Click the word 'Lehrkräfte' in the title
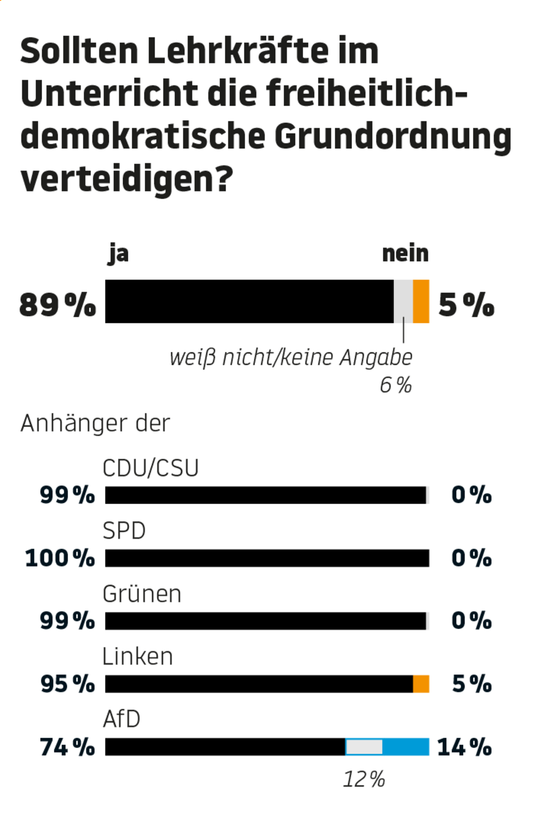pos(237,51)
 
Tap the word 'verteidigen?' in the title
pos(127,179)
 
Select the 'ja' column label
pos(119,254)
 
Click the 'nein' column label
pos(405,254)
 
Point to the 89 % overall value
pos(57,305)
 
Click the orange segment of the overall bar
pos(421,301)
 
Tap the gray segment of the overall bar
pos(403,301)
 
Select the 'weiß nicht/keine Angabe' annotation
pos(291,357)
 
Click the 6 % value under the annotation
pos(395,385)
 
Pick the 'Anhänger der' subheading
pos(95,423)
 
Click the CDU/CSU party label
pos(150,468)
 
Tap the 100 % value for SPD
pos(60,558)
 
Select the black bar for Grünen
pos(265,621)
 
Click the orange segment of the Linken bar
pos(421,684)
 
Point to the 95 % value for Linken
pos(67,684)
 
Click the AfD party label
pos(121,719)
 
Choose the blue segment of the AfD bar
pos(405,747)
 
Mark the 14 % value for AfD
pos(464,748)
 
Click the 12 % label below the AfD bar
pos(363,779)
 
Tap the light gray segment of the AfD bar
pos(364,747)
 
